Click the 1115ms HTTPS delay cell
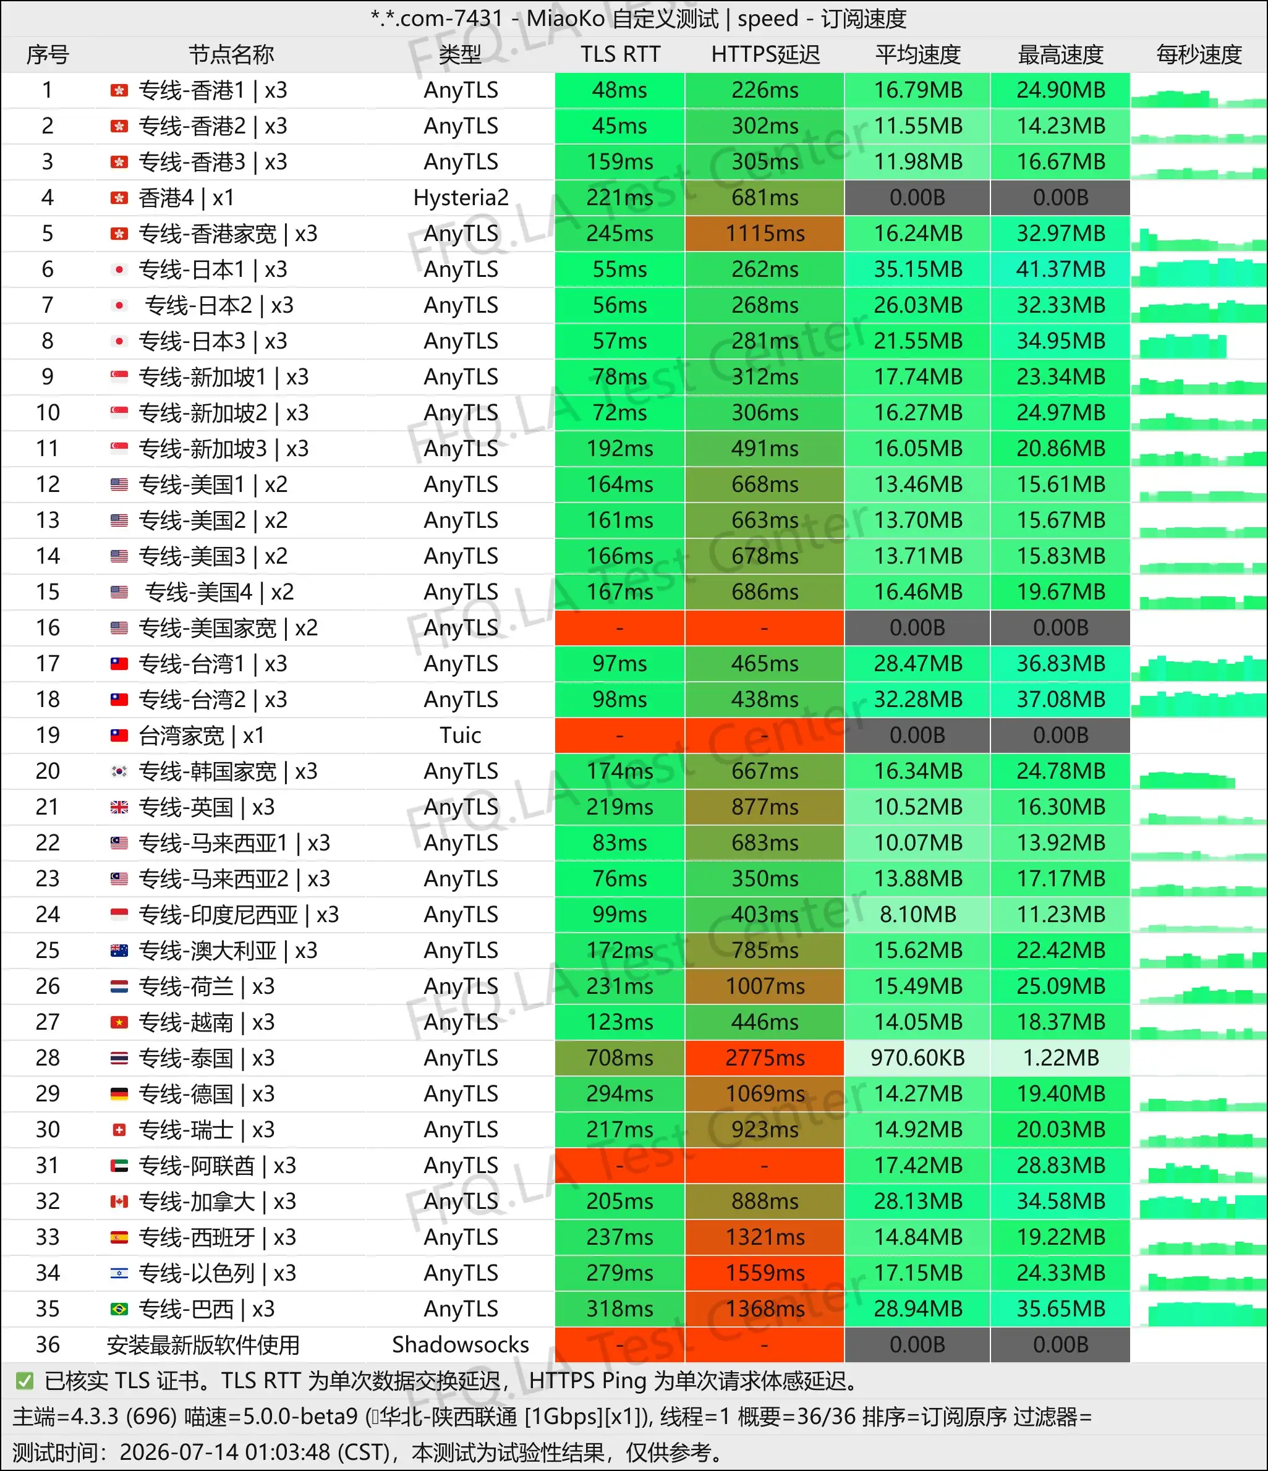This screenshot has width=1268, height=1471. point(765,234)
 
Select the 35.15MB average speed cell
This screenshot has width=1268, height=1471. point(917,269)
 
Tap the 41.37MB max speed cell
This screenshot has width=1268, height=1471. point(1061,269)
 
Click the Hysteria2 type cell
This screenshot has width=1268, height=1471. point(461,197)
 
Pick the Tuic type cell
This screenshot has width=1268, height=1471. point(461,735)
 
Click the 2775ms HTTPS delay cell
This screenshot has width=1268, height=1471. point(765,1058)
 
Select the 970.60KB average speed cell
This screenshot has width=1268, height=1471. point(917,1058)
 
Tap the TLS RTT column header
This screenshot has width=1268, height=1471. point(620,54)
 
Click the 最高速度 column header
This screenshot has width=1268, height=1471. point(1061,54)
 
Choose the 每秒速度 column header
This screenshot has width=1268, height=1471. point(1199,54)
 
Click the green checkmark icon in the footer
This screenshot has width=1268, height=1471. point(25,1381)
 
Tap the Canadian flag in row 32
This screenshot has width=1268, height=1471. point(119,1202)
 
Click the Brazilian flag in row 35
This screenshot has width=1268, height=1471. point(119,1308)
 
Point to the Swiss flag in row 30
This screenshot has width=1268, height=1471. point(119,1130)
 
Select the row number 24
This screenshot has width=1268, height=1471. point(48,914)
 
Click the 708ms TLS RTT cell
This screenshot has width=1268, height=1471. point(620,1058)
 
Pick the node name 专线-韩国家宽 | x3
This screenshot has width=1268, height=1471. point(228,771)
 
